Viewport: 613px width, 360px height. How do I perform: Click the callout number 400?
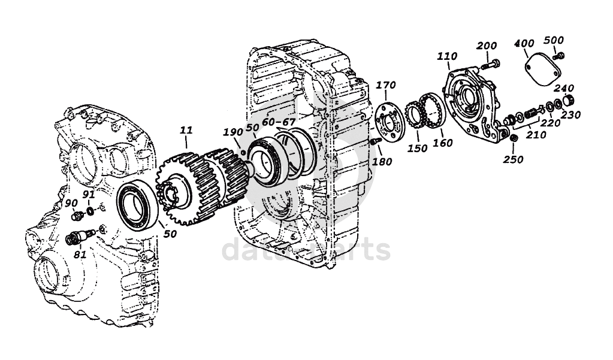coord(525,44)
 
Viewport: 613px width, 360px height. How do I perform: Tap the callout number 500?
coord(554,40)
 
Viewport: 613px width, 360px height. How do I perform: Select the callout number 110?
coord(447,57)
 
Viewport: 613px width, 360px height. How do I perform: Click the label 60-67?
coord(279,122)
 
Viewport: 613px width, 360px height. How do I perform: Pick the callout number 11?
coord(186,129)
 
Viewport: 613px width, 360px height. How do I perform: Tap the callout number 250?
coord(514,159)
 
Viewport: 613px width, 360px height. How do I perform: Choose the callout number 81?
coord(80,254)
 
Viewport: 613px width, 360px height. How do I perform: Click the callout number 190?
coord(232,132)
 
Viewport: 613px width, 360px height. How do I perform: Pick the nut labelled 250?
coord(513,140)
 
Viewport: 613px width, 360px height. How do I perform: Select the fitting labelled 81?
coord(75,238)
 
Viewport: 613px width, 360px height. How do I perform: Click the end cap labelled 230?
coord(570,100)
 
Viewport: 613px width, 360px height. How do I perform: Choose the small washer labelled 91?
coord(89,211)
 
